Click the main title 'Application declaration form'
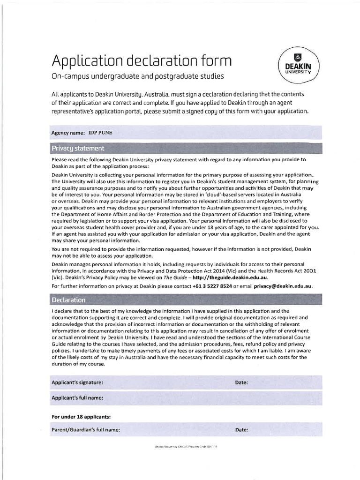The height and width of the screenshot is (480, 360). click(142, 60)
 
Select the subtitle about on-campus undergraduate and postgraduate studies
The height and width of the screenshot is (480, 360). click(137, 76)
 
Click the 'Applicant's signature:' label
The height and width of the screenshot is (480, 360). click(77, 382)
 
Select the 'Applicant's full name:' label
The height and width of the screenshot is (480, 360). click(77, 398)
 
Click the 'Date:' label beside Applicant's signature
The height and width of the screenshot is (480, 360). click(241, 382)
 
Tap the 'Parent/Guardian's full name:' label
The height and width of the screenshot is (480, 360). click(86, 429)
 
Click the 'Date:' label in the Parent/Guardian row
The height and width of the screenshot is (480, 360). click(241, 429)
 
